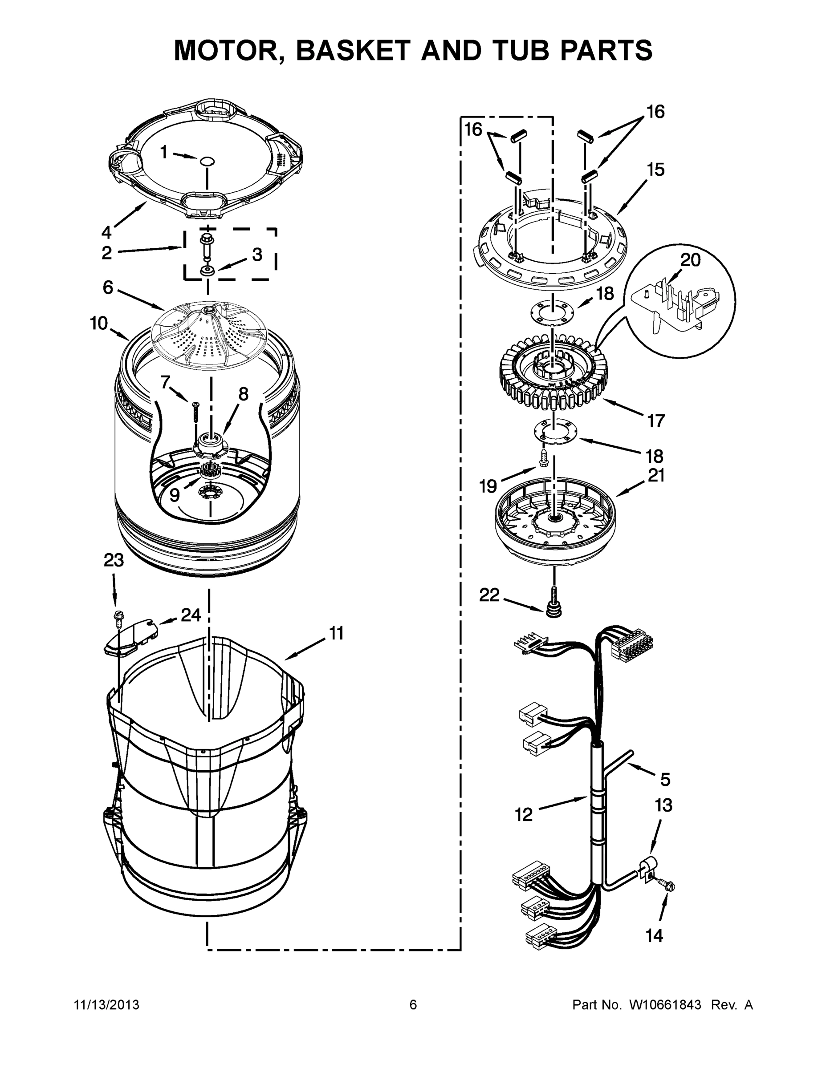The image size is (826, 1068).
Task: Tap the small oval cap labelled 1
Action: (x=208, y=160)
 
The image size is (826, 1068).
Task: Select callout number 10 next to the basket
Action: (x=99, y=323)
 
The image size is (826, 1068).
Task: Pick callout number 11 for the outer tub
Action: (x=336, y=633)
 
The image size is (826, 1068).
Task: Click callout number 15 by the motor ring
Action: (x=656, y=170)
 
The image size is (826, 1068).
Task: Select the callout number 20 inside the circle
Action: (x=691, y=260)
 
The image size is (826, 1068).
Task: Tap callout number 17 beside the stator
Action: (x=656, y=420)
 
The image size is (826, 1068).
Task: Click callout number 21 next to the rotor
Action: (x=656, y=475)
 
